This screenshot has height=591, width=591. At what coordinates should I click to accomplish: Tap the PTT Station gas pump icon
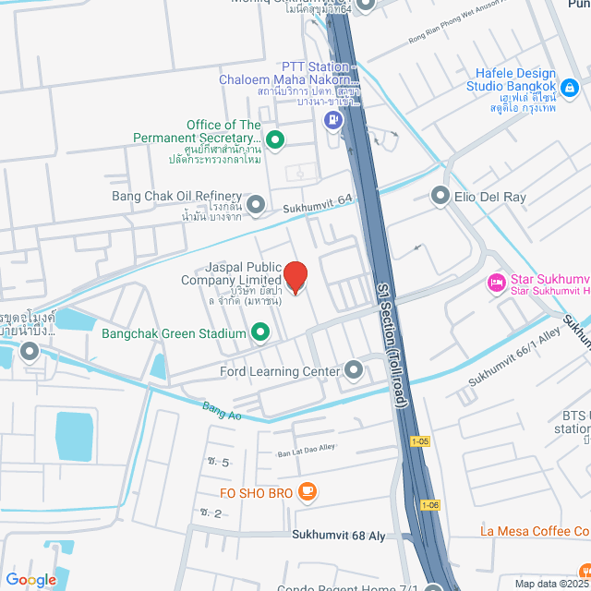[331, 119]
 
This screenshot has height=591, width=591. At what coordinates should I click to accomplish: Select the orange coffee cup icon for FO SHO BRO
[308, 494]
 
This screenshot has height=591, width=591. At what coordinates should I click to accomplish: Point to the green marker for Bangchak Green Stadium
[260, 332]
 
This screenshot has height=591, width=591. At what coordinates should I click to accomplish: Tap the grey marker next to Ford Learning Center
[354, 371]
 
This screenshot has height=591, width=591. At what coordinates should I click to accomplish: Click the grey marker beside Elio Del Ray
[440, 196]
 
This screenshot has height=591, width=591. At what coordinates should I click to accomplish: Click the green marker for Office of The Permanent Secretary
[274, 139]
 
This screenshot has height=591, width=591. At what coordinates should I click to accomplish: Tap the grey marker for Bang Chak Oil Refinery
[256, 204]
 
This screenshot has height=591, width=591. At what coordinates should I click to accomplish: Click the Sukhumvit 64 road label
[318, 210]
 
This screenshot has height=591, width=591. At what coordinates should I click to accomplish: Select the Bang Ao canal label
[223, 411]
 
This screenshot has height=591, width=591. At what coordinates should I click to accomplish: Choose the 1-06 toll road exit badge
[430, 504]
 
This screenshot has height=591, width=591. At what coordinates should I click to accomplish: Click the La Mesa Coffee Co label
[535, 531]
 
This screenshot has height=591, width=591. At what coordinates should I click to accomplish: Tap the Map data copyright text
[551, 584]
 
